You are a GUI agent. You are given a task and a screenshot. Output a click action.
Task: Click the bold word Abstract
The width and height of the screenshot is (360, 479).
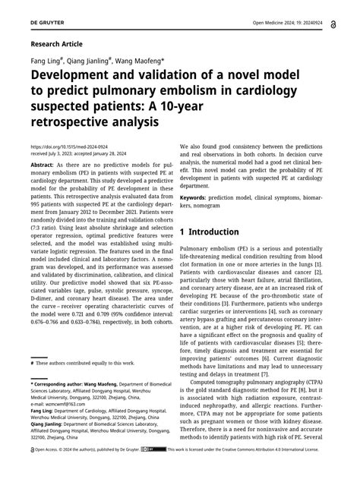[x=41, y=165]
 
